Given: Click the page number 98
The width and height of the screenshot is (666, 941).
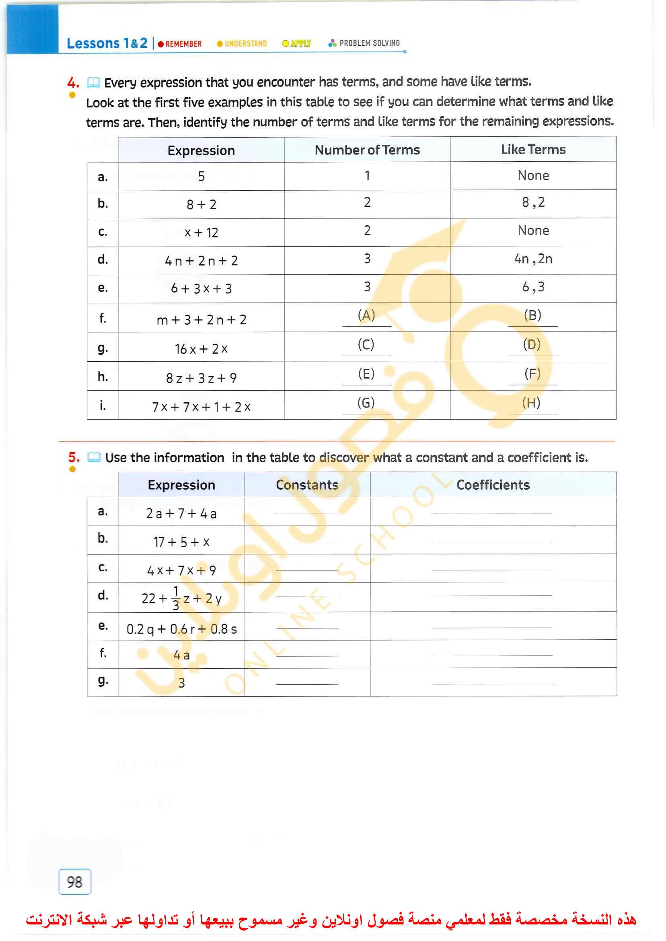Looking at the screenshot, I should [75, 882].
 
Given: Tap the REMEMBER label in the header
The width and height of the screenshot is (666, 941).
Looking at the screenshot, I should [183, 44].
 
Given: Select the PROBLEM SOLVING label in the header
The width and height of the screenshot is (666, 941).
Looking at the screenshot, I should [369, 43].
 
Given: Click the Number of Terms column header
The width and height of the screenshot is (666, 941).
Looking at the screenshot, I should [367, 150].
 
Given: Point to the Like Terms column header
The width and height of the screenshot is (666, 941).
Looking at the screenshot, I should [533, 150].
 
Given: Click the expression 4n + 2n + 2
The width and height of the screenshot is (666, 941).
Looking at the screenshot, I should [201, 261].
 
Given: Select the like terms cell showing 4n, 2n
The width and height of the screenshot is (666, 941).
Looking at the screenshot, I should [533, 259].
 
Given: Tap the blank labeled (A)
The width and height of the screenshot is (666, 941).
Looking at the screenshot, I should [367, 315].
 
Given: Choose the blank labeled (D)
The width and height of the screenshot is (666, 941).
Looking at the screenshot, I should [532, 344].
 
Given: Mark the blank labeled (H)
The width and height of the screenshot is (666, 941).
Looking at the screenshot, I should [532, 403].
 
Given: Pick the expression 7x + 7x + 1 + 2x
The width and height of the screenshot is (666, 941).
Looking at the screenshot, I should [201, 407].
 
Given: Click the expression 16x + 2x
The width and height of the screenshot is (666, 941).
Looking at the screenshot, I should [201, 349].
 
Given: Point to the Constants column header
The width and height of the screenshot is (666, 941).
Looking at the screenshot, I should [307, 485].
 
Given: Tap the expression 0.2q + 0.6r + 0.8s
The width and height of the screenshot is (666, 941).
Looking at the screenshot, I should [182, 629].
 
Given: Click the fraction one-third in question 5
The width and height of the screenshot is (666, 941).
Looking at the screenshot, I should [176, 599].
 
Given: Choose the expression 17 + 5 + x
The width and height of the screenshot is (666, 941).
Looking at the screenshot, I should [182, 542].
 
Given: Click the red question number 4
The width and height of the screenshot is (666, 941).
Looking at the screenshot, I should [73, 83].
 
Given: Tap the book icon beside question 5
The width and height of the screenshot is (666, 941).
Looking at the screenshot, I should [94, 457].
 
